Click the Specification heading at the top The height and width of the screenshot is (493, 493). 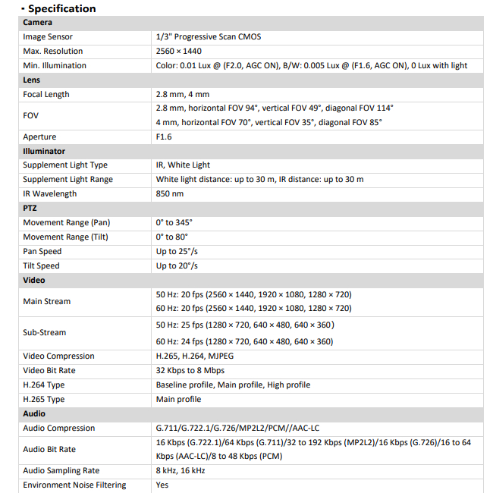pyautogui.click(x=61, y=8)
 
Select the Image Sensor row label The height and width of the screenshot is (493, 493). pyautogui.click(x=48, y=36)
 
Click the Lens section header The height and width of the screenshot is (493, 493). pyautogui.click(x=32, y=80)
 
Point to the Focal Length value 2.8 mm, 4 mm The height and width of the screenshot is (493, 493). pyautogui.click(x=183, y=94)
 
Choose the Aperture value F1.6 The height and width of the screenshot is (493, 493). pyautogui.click(x=165, y=137)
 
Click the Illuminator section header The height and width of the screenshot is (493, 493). pyautogui.click(x=44, y=151)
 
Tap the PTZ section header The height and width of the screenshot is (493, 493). pyautogui.click(x=30, y=208)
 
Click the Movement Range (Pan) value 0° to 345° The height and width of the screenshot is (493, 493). pyautogui.click(x=174, y=222)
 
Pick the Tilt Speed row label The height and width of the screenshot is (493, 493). pyautogui.click(x=41, y=265)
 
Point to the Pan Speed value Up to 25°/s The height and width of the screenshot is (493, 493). pyautogui.click(x=177, y=251)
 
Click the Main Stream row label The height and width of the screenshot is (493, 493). pyautogui.click(x=47, y=301)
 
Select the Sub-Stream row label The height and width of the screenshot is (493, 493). pyautogui.click(x=45, y=332)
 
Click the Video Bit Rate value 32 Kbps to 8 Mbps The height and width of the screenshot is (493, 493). pyautogui.click(x=190, y=370)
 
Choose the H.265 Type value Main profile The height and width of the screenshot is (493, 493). pyautogui.click(x=179, y=399)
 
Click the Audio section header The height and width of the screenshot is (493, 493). pyautogui.click(x=34, y=413)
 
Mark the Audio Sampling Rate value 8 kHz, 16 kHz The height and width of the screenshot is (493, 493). pyautogui.click(x=181, y=470)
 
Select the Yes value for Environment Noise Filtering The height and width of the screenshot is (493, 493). pyautogui.click(x=162, y=485)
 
